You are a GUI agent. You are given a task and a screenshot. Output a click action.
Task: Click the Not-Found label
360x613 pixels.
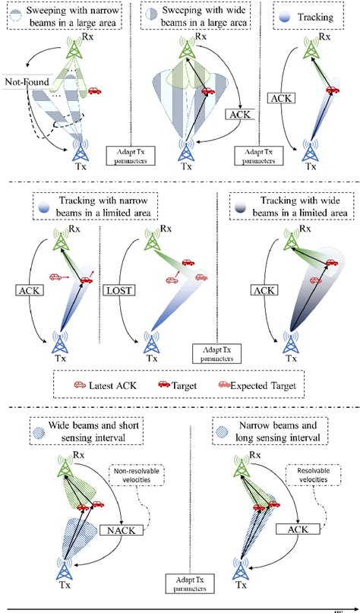[28, 82]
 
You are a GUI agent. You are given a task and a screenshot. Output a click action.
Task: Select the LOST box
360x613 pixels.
[118, 290]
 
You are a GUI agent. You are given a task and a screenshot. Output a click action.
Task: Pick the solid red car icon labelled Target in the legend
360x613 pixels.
[164, 384]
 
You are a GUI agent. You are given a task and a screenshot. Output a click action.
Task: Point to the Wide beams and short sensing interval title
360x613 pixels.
[87, 431]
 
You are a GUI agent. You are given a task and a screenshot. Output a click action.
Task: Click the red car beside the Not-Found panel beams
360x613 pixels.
[95, 90]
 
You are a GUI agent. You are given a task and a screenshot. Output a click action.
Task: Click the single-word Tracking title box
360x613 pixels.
[308, 17]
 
